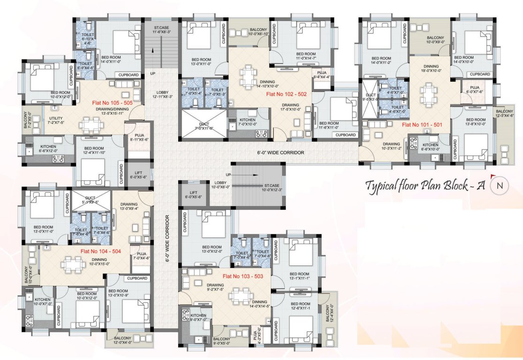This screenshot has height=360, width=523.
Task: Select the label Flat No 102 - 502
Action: (x=286, y=94)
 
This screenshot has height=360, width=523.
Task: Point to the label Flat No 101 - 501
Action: (x=422, y=125)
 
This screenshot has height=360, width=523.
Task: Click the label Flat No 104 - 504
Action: (x=100, y=252)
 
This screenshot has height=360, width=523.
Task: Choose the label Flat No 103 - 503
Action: (x=243, y=276)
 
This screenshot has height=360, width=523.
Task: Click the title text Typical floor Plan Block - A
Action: (x=425, y=185)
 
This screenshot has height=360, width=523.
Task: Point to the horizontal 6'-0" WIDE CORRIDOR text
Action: (x=281, y=153)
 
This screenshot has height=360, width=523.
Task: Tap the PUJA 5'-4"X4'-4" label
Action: (x=321, y=75)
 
